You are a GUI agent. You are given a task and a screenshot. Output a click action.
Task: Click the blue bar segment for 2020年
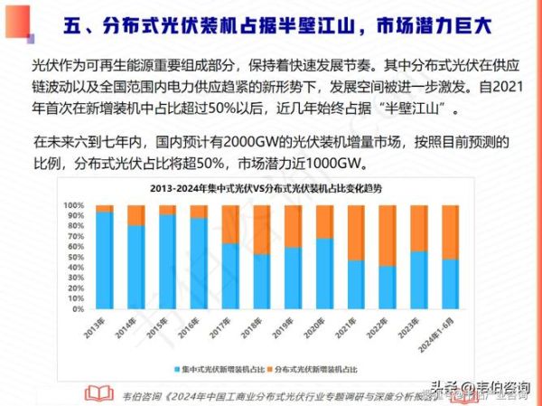tap(324, 290)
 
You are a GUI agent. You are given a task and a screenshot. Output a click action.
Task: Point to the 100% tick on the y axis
tap(73, 205)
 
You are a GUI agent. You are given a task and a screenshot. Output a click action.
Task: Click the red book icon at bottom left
tap(95, 393)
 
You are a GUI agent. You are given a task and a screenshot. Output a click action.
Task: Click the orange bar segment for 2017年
tap(229, 224)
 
